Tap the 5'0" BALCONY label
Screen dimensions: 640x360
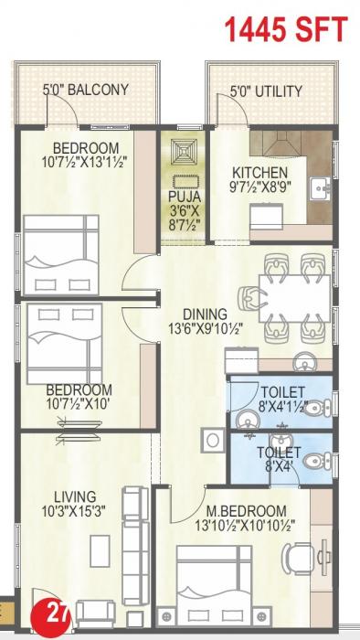85,91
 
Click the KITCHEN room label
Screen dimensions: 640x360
259,173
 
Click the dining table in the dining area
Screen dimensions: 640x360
295,298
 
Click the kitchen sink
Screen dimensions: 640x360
321,189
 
